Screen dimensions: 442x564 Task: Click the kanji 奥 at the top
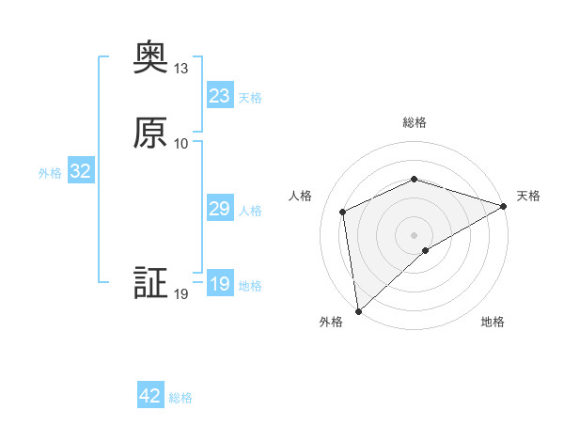pyautogui.click(x=150, y=59)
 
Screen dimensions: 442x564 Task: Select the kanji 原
pyautogui.click(x=150, y=134)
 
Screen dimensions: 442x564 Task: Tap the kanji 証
pyautogui.click(x=150, y=285)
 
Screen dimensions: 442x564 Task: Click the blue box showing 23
pyautogui.click(x=219, y=96)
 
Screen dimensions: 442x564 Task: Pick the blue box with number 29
pyautogui.click(x=219, y=209)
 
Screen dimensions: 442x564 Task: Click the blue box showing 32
pyautogui.click(x=80, y=171)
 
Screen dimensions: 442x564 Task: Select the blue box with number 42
pyautogui.click(x=150, y=396)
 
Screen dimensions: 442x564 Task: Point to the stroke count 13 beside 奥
pyautogui.click(x=181, y=69)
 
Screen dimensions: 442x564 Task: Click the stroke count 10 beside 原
pyautogui.click(x=181, y=143)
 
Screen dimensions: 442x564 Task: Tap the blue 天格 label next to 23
pyautogui.click(x=250, y=98)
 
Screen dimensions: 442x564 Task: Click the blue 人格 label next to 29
pyautogui.click(x=250, y=211)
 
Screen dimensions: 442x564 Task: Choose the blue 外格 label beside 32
pyautogui.click(x=50, y=173)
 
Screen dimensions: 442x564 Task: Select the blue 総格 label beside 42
pyautogui.click(x=180, y=398)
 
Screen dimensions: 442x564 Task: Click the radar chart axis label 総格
pyautogui.click(x=415, y=122)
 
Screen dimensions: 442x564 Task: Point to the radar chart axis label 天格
pyautogui.click(x=528, y=196)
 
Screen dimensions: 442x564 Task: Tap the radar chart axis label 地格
pyautogui.click(x=493, y=322)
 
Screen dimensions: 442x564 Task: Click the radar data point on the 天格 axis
pyautogui.click(x=503, y=206)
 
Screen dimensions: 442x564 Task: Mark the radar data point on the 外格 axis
pyautogui.click(x=358, y=310)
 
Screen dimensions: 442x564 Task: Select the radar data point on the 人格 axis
pyautogui.click(x=343, y=212)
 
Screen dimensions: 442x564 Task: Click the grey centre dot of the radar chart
pyautogui.click(x=414, y=234)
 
